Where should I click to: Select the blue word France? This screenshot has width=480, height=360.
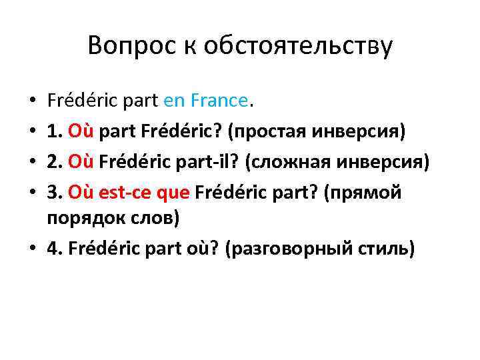point(219,101)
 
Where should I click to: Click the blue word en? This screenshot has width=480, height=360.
point(175,101)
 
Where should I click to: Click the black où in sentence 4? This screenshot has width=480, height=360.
point(201,248)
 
